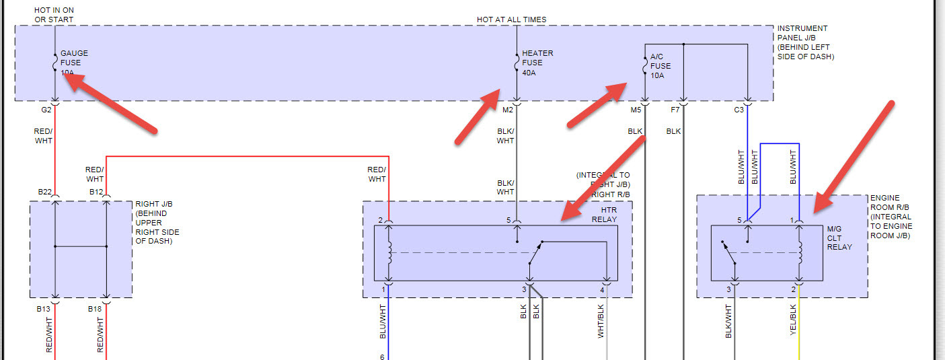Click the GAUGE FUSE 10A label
tap(74, 63)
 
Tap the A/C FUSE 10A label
tap(660, 67)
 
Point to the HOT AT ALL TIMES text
tap(512, 20)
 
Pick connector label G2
tap(46, 109)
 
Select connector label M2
tap(507, 109)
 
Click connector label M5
tap(636, 109)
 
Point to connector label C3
tap(739, 109)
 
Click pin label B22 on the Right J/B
tap(45, 192)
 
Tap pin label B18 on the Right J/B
tap(95, 309)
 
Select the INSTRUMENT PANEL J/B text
tap(806, 42)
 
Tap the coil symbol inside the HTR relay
tap(388, 252)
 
